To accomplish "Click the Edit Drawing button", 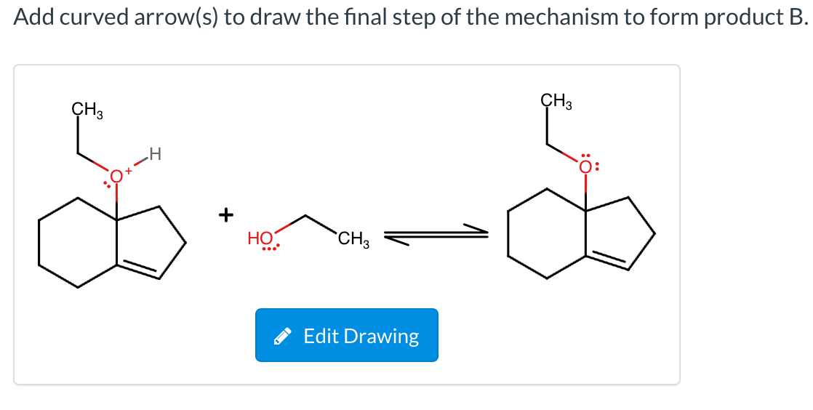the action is click(346, 335).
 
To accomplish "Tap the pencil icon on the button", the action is click(284, 337).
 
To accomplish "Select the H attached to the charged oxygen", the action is click(153, 153).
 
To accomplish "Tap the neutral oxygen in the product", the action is click(585, 164).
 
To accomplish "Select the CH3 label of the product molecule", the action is click(556, 101).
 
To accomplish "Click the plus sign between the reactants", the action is click(228, 214).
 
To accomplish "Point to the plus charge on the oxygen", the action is click(129, 171).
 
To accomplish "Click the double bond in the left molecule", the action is click(138, 269).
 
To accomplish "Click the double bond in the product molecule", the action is click(608, 260).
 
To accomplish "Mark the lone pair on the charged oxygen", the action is click(107, 179).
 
